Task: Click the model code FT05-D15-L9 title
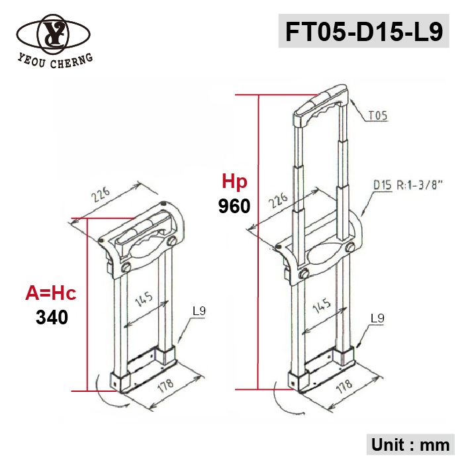[x=363, y=31]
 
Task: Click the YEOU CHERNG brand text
[x=55, y=60]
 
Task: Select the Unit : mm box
[x=410, y=444]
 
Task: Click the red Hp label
[x=234, y=181]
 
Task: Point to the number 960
[x=234, y=206]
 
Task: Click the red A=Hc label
[x=51, y=293]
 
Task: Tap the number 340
[x=52, y=317]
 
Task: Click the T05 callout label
[x=377, y=116]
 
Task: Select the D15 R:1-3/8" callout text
[x=408, y=185]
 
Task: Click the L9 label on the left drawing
[x=199, y=311]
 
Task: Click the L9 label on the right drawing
[x=377, y=318]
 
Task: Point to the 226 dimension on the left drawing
[x=101, y=195]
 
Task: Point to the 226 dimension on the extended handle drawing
[x=277, y=201]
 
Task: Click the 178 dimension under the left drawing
[x=165, y=385]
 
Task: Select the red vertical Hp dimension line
[x=257, y=242]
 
